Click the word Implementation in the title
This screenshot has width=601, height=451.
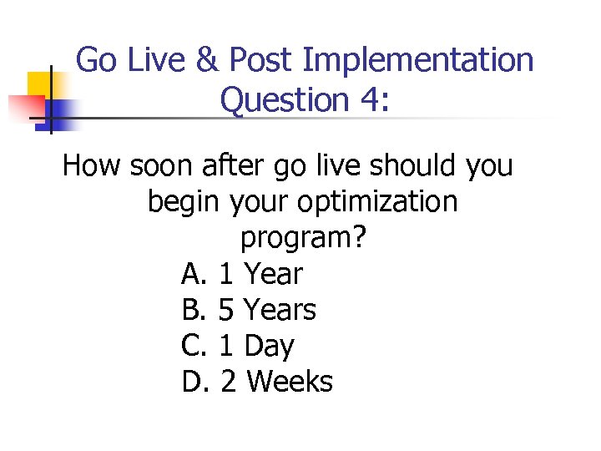point(418,60)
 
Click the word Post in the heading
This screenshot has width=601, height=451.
point(260,60)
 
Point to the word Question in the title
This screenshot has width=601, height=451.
point(279,101)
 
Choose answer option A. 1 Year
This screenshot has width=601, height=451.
point(242,274)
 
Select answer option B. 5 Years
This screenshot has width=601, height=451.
point(249,310)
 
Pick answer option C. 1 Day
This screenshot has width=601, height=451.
point(238,346)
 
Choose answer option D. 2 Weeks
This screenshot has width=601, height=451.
point(257,382)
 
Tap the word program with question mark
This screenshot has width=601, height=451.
point(303,239)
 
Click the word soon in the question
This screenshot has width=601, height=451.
point(163,166)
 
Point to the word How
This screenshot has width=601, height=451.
point(92,166)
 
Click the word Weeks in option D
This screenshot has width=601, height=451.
point(290,382)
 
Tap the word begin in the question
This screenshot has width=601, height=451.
point(179,202)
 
